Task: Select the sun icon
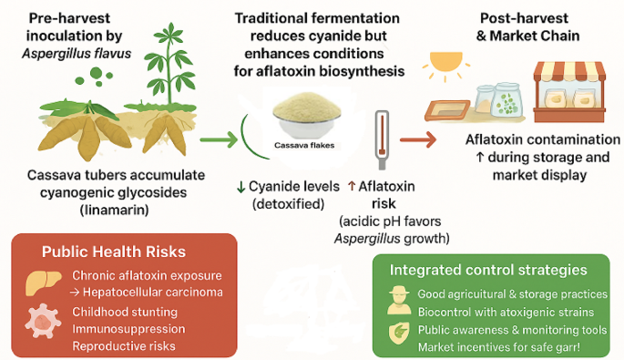click(448, 67)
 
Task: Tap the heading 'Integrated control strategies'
click(490, 270)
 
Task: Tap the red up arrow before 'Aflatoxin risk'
click(352, 186)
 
